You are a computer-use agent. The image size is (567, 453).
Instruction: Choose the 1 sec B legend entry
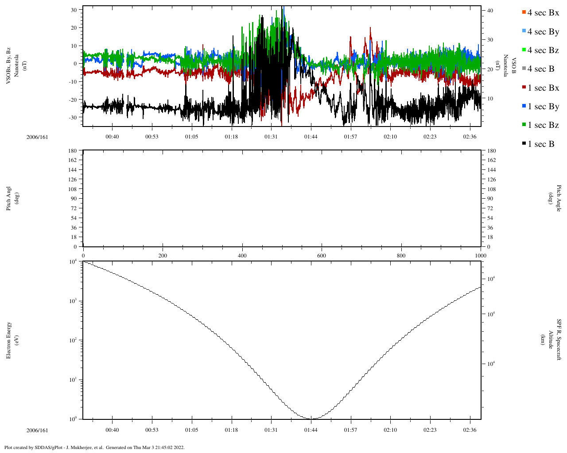click(x=541, y=144)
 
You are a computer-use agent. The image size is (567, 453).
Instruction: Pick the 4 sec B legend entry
click(x=541, y=69)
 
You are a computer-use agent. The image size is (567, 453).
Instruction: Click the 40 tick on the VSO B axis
click(x=490, y=10)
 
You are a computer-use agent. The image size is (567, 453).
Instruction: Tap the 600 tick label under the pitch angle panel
click(x=322, y=256)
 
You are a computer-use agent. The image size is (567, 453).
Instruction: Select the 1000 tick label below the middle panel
click(x=481, y=256)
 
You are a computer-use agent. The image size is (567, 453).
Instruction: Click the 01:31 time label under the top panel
click(x=271, y=137)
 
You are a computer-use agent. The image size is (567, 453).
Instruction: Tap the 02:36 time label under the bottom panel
click(x=470, y=430)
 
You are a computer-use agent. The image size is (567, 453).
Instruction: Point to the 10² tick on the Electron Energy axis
click(x=73, y=340)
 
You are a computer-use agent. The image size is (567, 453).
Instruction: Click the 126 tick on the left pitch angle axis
click(x=72, y=180)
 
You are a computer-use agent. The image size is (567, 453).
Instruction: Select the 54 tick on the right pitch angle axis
click(x=490, y=218)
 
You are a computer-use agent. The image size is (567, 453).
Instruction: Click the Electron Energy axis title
click(x=12, y=340)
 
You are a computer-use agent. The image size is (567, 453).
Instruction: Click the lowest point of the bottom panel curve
click(x=311, y=419)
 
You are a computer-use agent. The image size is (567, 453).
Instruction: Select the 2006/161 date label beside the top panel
click(x=37, y=137)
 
